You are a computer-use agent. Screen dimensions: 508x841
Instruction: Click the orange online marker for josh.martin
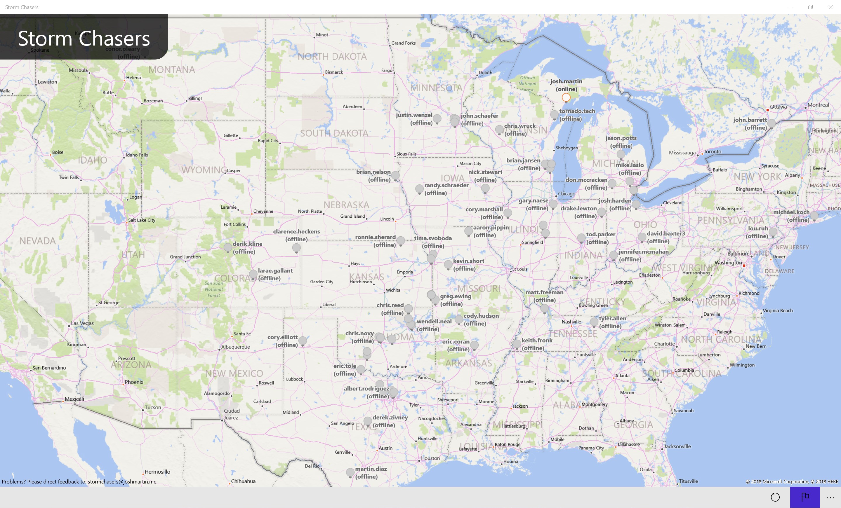566,98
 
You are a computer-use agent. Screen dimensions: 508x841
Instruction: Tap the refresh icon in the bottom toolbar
775,497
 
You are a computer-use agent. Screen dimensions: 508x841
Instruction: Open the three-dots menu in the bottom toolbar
830,497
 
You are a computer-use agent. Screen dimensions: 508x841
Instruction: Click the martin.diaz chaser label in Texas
371,472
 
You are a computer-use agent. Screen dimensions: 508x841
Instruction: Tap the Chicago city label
567,194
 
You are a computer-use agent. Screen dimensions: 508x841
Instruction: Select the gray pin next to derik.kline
228,247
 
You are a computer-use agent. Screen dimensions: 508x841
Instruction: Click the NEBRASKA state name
346,205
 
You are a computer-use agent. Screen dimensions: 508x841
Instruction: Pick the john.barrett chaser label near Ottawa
750,123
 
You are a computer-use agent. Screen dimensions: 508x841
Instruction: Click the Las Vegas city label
82,323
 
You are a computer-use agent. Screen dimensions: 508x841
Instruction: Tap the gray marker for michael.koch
814,215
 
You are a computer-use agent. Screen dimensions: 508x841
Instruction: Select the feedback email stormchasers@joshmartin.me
122,481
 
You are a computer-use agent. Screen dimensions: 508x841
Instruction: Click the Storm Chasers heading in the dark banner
84,38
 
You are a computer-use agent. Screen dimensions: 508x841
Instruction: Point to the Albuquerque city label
235,347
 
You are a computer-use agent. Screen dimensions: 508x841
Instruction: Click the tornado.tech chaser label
577,115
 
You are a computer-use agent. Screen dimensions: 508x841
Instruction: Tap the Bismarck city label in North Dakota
334,72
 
